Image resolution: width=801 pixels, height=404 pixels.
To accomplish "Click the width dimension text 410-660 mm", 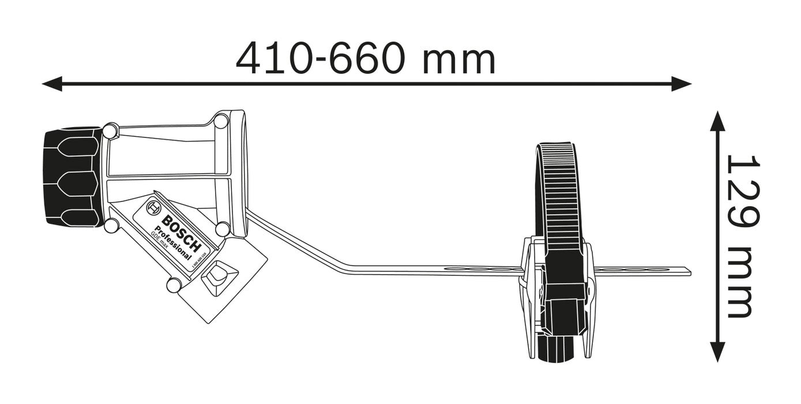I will [366, 58].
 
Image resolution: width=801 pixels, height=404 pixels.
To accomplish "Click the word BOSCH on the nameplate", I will [181, 234].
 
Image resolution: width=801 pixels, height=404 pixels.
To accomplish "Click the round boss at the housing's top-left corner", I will [110, 131].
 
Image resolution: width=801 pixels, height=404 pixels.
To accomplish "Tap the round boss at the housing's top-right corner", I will [221, 122].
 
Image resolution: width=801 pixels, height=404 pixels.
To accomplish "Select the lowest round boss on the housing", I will [174, 285].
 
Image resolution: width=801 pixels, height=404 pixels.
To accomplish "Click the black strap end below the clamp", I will [556, 349].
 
